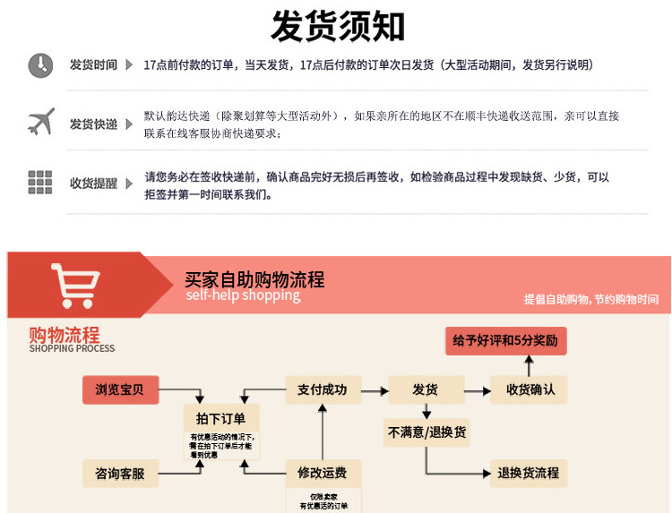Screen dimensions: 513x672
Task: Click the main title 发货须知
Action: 338,26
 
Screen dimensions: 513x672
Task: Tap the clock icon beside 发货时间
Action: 40,65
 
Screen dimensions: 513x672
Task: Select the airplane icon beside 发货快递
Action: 40,122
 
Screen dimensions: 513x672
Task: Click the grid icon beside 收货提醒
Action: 40,182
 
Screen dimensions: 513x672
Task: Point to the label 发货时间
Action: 93,65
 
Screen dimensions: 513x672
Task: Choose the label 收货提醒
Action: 93,184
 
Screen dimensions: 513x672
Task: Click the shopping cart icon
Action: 74,285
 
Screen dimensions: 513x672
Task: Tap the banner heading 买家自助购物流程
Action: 254,279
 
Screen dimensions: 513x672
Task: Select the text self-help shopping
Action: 243,296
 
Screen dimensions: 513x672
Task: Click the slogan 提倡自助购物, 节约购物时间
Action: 590,300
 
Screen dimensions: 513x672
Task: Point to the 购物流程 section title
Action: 64,335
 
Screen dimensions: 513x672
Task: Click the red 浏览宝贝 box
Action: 125,389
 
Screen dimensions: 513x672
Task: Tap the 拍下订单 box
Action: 220,418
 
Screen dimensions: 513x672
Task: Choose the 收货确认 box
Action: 530,389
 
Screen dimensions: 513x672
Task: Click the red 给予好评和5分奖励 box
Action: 506,341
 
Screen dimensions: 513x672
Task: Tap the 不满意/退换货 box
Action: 426,432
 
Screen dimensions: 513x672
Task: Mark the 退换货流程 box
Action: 529,473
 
